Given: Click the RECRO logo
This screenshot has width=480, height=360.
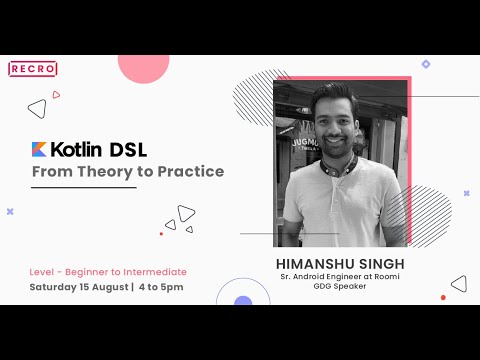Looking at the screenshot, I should (33, 69).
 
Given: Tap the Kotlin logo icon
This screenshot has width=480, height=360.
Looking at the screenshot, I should (39, 150).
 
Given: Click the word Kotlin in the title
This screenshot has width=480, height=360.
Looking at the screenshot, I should (79, 150).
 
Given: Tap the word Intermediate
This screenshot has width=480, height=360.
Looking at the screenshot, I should (154, 272).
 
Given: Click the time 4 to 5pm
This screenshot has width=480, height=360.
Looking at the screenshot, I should (160, 288).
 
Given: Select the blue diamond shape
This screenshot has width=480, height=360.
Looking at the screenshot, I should (425, 64).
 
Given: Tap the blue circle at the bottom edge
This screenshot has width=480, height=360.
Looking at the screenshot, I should (243, 300).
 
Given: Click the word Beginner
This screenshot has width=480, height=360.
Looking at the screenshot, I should (95, 272).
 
